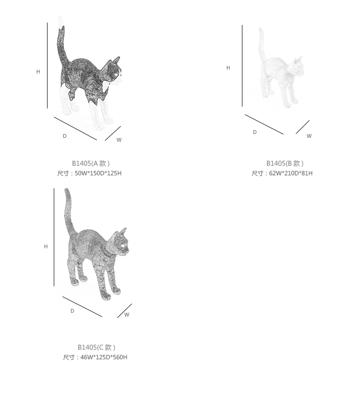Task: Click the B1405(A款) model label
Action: pos(91,163)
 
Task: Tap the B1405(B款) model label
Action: pos(285,163)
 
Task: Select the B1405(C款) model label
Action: pos(96,347)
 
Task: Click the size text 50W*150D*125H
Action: pos(98,173)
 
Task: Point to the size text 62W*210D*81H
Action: pos(291,173)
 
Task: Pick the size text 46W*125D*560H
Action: pos(104,357)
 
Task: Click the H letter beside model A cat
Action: pos(38,72)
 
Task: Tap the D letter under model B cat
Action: pos(255,132)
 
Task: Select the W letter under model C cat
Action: pos(127,315)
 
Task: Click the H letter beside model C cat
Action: pos(46,246)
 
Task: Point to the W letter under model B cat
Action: pos(309,136)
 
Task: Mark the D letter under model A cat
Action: pos(64,136)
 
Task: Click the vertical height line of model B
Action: pos(242,66)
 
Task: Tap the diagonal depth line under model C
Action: pos(82,306)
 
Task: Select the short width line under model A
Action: pos(113,134)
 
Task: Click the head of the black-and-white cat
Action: pos(114,70)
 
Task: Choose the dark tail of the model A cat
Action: pos(62,45)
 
